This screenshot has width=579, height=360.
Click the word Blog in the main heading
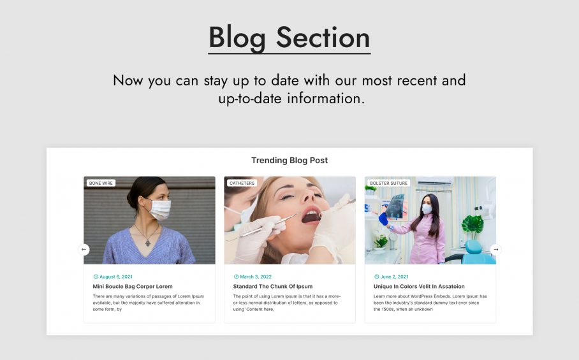[x=237, y=38]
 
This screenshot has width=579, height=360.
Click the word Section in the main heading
[x=323, y=38]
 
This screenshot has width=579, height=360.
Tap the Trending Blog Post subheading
[x=289, y=161]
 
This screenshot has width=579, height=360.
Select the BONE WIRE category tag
[x=101, y=183]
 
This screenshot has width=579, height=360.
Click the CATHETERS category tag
[x=242, y=183]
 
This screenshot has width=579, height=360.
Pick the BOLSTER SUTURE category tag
[x=389, y=183]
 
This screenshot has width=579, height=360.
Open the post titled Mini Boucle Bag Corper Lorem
[x=133, y=286]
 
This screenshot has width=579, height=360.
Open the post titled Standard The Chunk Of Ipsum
[x=273, y=286]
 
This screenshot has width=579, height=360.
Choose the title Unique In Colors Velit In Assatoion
[x=419, y=286]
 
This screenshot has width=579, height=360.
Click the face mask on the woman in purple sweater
[x=159, y=209]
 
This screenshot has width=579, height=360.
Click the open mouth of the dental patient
[x=311, y=217]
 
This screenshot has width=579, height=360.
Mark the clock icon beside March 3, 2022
[x=237, y=277]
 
